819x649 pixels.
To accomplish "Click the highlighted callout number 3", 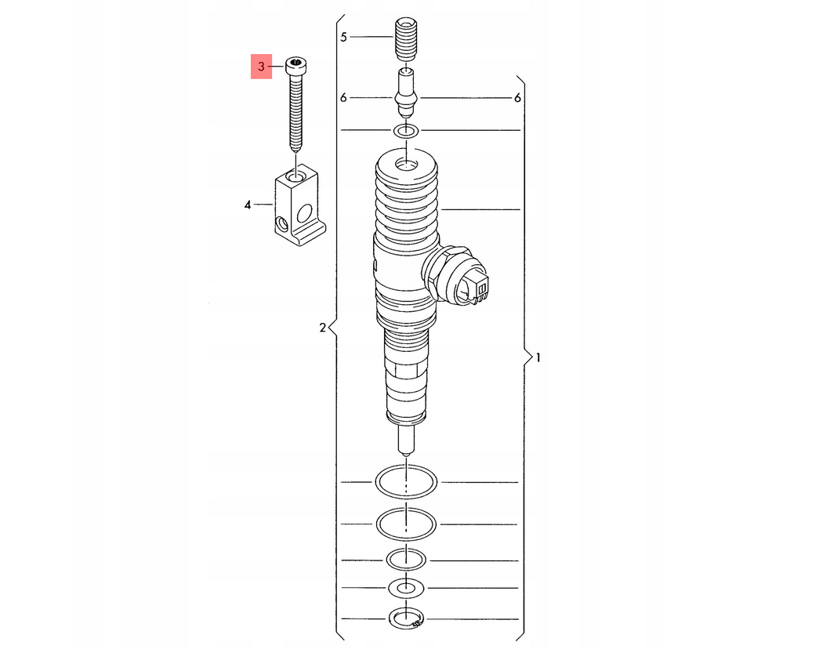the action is (x=261, y=67).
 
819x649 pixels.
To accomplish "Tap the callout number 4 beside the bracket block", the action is (x=248, y=205).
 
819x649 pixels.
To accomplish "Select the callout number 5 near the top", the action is (x=343, y=37).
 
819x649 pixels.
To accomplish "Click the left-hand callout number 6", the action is (x=343, y=98).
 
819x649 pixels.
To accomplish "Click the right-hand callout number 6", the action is (x=517, y=98).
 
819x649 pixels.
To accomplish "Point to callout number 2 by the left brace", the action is (x=322, y=328).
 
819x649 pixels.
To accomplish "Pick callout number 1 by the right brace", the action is (x=538, y=358).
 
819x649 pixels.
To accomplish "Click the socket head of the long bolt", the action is (x=295, y=67).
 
